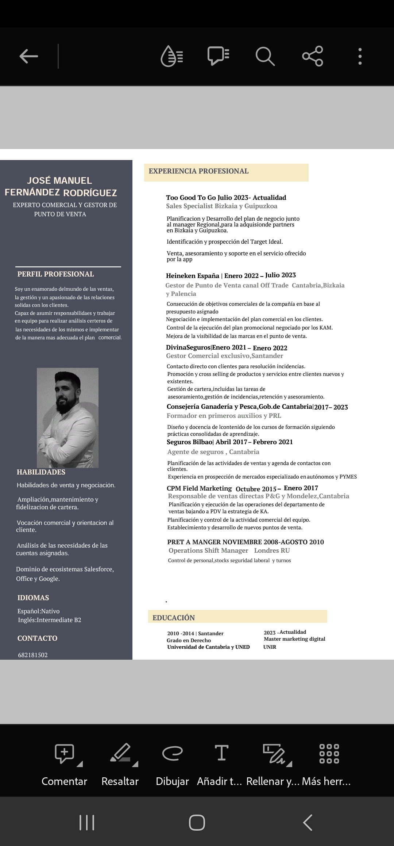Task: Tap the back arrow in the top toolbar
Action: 29,56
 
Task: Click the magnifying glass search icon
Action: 265,56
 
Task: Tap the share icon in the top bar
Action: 313,56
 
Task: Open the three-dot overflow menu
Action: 360,56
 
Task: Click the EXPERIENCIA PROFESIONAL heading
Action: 198,171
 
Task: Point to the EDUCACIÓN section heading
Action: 174,618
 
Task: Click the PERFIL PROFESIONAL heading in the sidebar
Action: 55,274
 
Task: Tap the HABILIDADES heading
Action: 41,472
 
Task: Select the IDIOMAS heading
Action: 33,598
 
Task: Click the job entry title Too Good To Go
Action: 191,198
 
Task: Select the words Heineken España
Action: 193,276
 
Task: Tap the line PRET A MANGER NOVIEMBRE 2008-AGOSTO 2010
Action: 246,542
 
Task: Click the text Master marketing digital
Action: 294,639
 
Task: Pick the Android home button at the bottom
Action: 197,823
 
